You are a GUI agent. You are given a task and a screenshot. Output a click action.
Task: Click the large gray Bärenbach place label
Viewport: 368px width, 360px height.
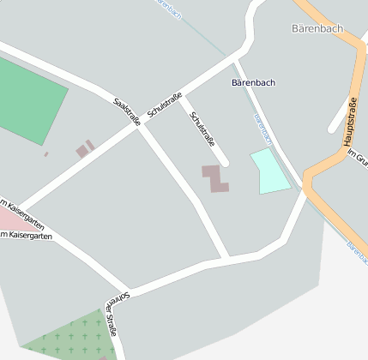[x=317, y=28]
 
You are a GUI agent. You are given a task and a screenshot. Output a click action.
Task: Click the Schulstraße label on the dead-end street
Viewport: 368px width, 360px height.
[x=207, y=129]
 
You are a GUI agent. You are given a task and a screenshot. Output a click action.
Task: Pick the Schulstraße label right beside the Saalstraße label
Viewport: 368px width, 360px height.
[x=165, y=101]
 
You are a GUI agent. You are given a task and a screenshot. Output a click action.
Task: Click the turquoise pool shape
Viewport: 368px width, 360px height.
[x=269, y=171]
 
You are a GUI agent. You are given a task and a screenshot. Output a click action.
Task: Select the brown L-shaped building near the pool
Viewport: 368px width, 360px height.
[x=215, y=177]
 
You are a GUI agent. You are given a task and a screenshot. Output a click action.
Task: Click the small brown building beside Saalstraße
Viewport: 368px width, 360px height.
[x=85, y=150]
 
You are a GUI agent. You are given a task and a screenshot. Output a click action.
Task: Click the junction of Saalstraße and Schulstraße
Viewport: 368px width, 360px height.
[x=137, y=128]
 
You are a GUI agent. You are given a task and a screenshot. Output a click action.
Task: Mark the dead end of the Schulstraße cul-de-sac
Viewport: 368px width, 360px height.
[x=225, y=162]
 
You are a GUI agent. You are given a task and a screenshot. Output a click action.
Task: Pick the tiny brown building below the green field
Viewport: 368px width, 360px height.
[x=46, y=154]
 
